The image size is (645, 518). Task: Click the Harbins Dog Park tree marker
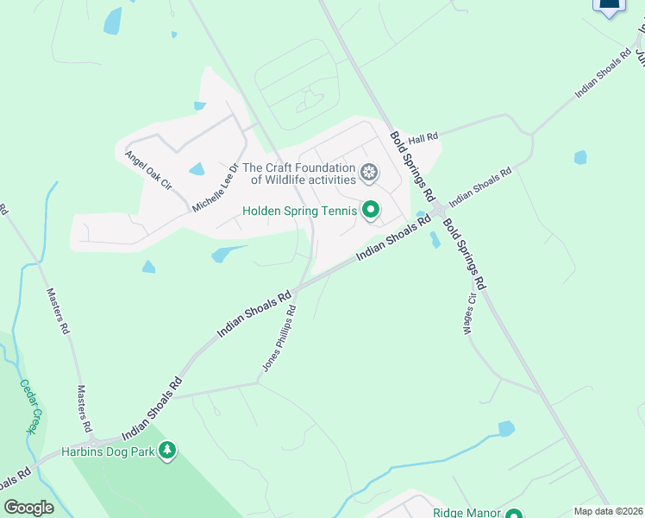click(167, 451)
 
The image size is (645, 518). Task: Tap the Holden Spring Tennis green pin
click(371, 211)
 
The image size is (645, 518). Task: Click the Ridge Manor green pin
click(514, 513)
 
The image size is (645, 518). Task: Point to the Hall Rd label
click(423, 137)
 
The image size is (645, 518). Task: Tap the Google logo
click(28, 507)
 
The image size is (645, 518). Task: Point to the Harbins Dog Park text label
click(108, 452)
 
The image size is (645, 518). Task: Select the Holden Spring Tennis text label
click(299, 211)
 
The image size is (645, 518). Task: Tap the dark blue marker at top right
click(609, 5)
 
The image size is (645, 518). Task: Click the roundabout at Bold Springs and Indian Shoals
click(439, 211)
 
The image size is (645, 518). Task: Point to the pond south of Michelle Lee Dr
click(224, 254)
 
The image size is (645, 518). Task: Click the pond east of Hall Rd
click(580, 157)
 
